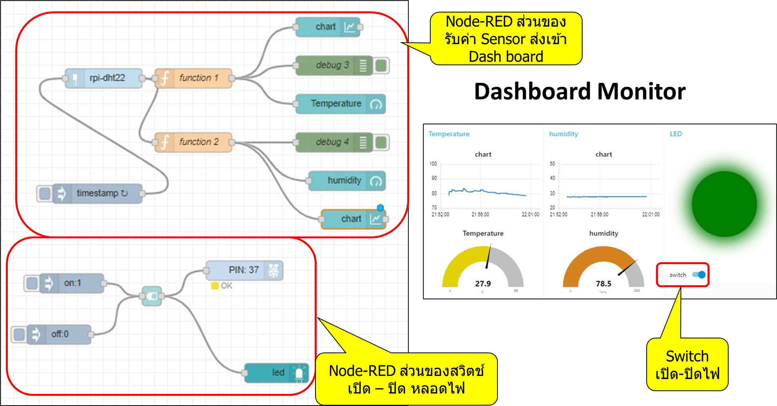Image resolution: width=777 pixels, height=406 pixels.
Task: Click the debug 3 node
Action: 332,65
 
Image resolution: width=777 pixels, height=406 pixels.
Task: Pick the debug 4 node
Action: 332,142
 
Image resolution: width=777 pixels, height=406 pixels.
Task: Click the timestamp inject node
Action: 98,193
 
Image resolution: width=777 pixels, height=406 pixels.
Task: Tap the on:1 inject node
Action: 73,283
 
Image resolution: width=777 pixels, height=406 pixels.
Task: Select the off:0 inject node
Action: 60,334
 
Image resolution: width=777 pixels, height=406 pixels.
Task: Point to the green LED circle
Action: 724,204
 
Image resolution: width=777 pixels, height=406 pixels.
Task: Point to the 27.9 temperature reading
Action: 483,284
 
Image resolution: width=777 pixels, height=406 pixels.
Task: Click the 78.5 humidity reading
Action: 604,284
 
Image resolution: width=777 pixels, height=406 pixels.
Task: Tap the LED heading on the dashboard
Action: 676,134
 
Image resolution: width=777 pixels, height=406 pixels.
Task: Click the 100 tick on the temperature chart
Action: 433,164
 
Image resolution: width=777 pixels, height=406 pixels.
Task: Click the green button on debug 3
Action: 381,65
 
